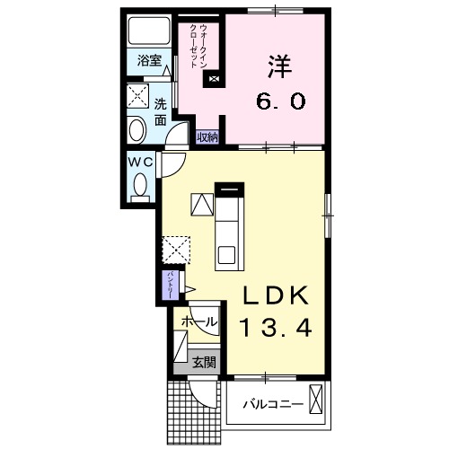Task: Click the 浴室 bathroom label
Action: coord(149,61)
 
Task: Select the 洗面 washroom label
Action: coord(161,110)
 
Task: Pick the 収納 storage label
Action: coord(207,137)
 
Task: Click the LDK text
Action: coord(275,295)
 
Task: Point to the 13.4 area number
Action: coord(275,330)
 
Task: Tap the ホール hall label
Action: coord(198,321)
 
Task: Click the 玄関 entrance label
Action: coord(204,364)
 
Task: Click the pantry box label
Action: coord(169,286)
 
